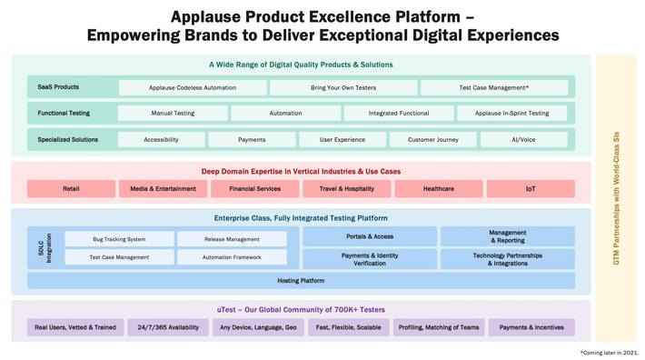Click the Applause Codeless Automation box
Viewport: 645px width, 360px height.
(193, 87)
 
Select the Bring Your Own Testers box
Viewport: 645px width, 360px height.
(343, 87)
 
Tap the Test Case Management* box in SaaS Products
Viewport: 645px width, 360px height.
(494, 87)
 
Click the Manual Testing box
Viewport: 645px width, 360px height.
(173, 114)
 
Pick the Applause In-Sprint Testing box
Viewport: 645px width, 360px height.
(512, 114)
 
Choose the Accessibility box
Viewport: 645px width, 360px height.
(161, 140)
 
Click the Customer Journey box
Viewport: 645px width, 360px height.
(434, 140)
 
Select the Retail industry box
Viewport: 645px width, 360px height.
(71, 189)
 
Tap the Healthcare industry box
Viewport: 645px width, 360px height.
(438, 189)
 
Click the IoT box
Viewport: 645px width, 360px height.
(530, 189)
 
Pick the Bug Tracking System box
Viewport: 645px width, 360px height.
(119, 239)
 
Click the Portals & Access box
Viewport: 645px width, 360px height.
(369, 236)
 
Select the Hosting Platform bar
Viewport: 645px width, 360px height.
(301, 281)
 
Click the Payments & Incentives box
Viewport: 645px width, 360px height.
(531, 327)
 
